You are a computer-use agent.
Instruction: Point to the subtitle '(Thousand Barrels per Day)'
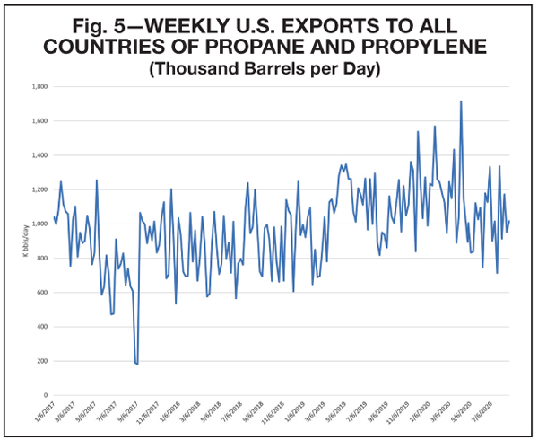[268, 67]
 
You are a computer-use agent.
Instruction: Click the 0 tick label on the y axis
[46, 394]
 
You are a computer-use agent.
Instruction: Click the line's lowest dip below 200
[136, 364]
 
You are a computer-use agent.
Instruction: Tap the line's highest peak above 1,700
[461, 101]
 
